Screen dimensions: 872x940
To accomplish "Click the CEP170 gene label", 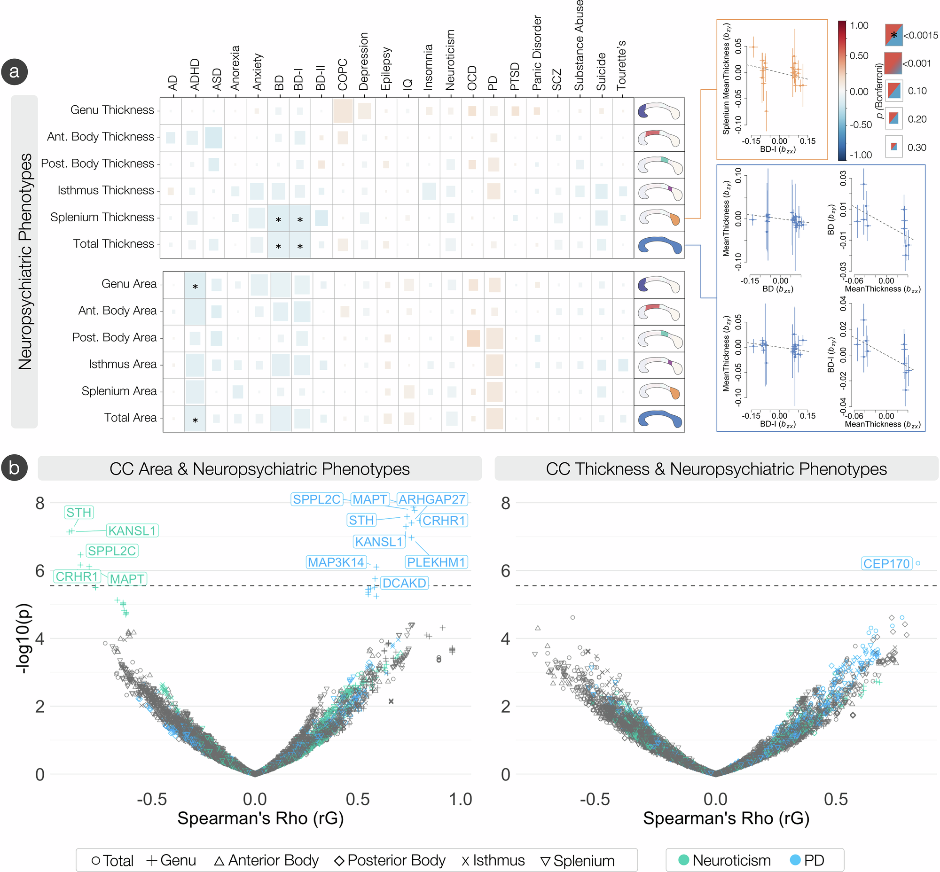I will coord(885,563).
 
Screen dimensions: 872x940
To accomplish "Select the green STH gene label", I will coord(79,513).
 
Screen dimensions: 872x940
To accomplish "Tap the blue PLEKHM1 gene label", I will coord(436,562).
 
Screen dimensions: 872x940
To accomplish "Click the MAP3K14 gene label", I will coord(336,562).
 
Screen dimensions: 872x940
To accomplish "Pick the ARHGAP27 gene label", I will coord(432,499).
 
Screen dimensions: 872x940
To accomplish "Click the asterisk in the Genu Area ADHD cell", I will coord(195,287).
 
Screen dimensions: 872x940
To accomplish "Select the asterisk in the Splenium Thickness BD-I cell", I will coord(300,220).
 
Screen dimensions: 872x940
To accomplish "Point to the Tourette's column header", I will coord(621,65).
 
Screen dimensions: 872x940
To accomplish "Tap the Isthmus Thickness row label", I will coord(106,190).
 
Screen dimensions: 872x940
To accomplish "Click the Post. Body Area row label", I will coord(114,337).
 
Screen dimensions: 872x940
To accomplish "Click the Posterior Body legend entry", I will coord(391,860).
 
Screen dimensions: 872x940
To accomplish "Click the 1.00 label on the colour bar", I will coord(859,25).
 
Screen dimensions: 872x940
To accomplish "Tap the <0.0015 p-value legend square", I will coord(893,35).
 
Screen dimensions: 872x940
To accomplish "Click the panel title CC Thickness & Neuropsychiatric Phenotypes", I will coord(716,468).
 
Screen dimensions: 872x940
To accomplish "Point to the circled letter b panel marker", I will coord(14,467).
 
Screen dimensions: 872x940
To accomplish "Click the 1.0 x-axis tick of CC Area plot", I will coord(460,799).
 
